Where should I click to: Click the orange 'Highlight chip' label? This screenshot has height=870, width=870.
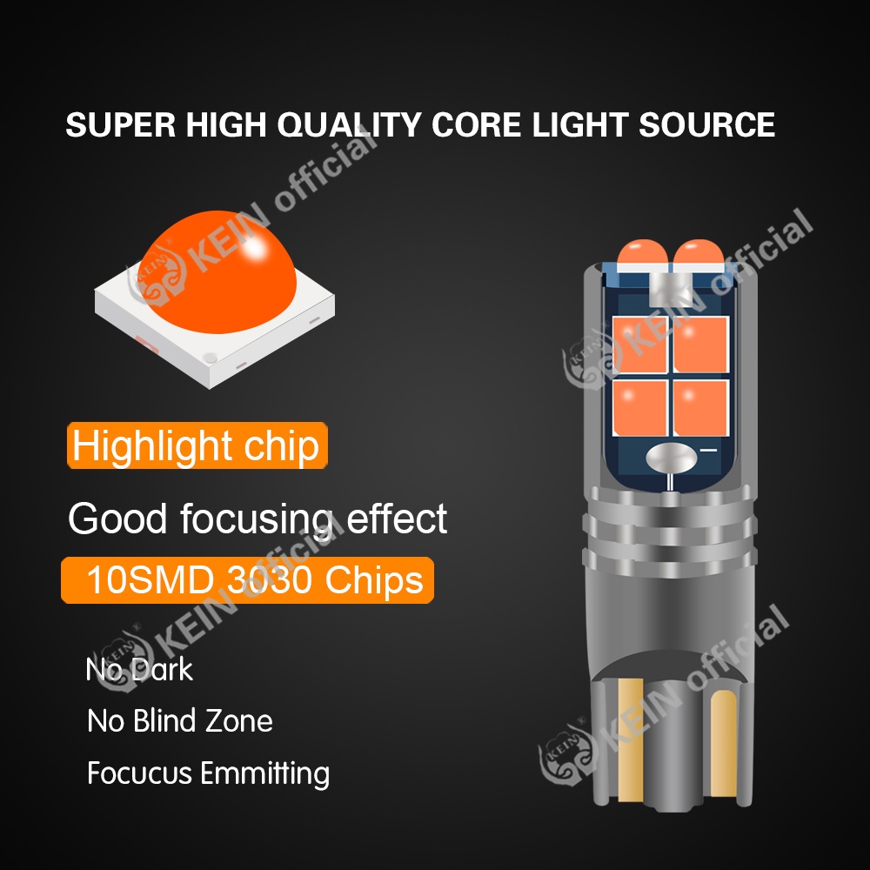click(197, 446)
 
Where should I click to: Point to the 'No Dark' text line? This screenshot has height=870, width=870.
click(139, 670)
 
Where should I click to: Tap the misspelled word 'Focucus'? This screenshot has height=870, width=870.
click(139, 773)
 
